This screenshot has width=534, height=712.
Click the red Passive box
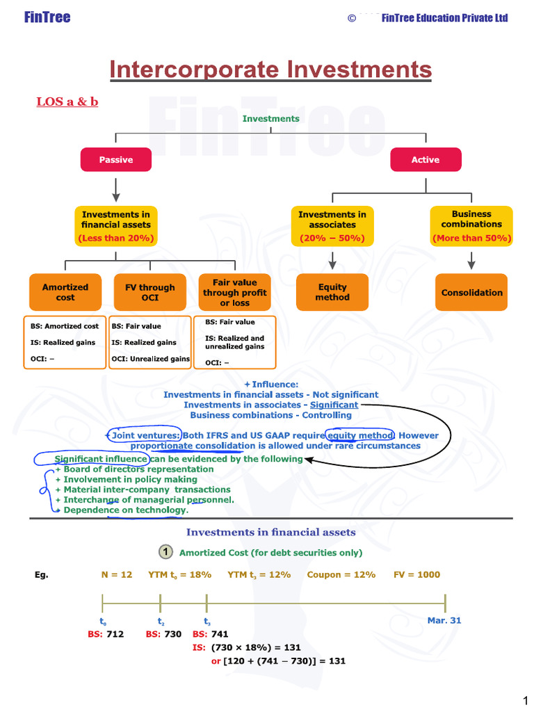pos(115,160)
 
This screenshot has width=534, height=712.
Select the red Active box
pos(425,160)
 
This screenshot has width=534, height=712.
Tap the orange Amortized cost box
pos(65,292)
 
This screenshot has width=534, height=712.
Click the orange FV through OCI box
pos(150,292)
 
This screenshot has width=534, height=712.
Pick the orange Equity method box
pos(332,292)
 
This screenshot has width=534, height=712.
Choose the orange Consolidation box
pos(471,293)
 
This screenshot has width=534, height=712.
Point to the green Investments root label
pos(270,119)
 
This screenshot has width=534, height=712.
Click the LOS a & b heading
pos(67,102)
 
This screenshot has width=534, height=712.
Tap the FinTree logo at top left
pos(47,17)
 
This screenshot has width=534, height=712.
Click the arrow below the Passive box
pos(116,188)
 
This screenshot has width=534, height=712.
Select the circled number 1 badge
pos(165,552)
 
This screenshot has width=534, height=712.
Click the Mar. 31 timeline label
pos(444,620)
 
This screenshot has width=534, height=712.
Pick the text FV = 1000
pos(416,575)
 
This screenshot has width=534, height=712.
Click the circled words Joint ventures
pos(145,435)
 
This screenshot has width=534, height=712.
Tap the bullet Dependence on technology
pos(125,510)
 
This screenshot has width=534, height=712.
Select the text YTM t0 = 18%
pos(179,575)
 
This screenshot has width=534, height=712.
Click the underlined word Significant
pos(334,405)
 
